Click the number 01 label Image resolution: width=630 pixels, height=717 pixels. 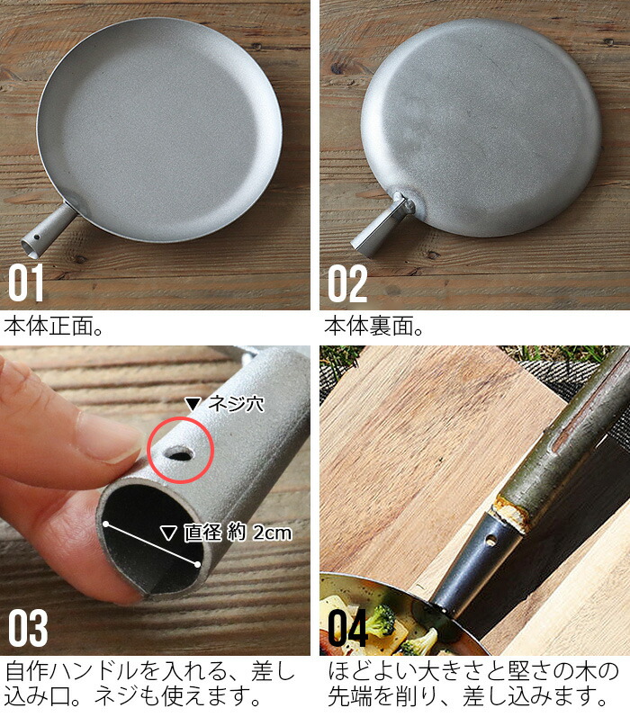tap(25, 283)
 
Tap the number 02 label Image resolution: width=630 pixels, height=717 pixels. tap(347, 283)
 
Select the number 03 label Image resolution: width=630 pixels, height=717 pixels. tap(28, 628)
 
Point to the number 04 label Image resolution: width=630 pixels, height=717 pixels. tap(347, 628)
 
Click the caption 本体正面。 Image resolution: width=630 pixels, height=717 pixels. tap(54, 327)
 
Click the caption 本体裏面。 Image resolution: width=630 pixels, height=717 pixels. tap(374, 327)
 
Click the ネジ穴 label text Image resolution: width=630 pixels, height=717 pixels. tap(236, 404)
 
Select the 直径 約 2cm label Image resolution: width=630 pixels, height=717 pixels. tap(238, 533)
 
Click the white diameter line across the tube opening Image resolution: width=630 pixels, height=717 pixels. tap(151, 544)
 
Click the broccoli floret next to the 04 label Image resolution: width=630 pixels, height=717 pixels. tap(381, 620)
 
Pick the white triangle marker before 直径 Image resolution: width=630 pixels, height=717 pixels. tap(168, 533)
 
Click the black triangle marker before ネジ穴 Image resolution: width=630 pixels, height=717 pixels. tap(193, 404)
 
